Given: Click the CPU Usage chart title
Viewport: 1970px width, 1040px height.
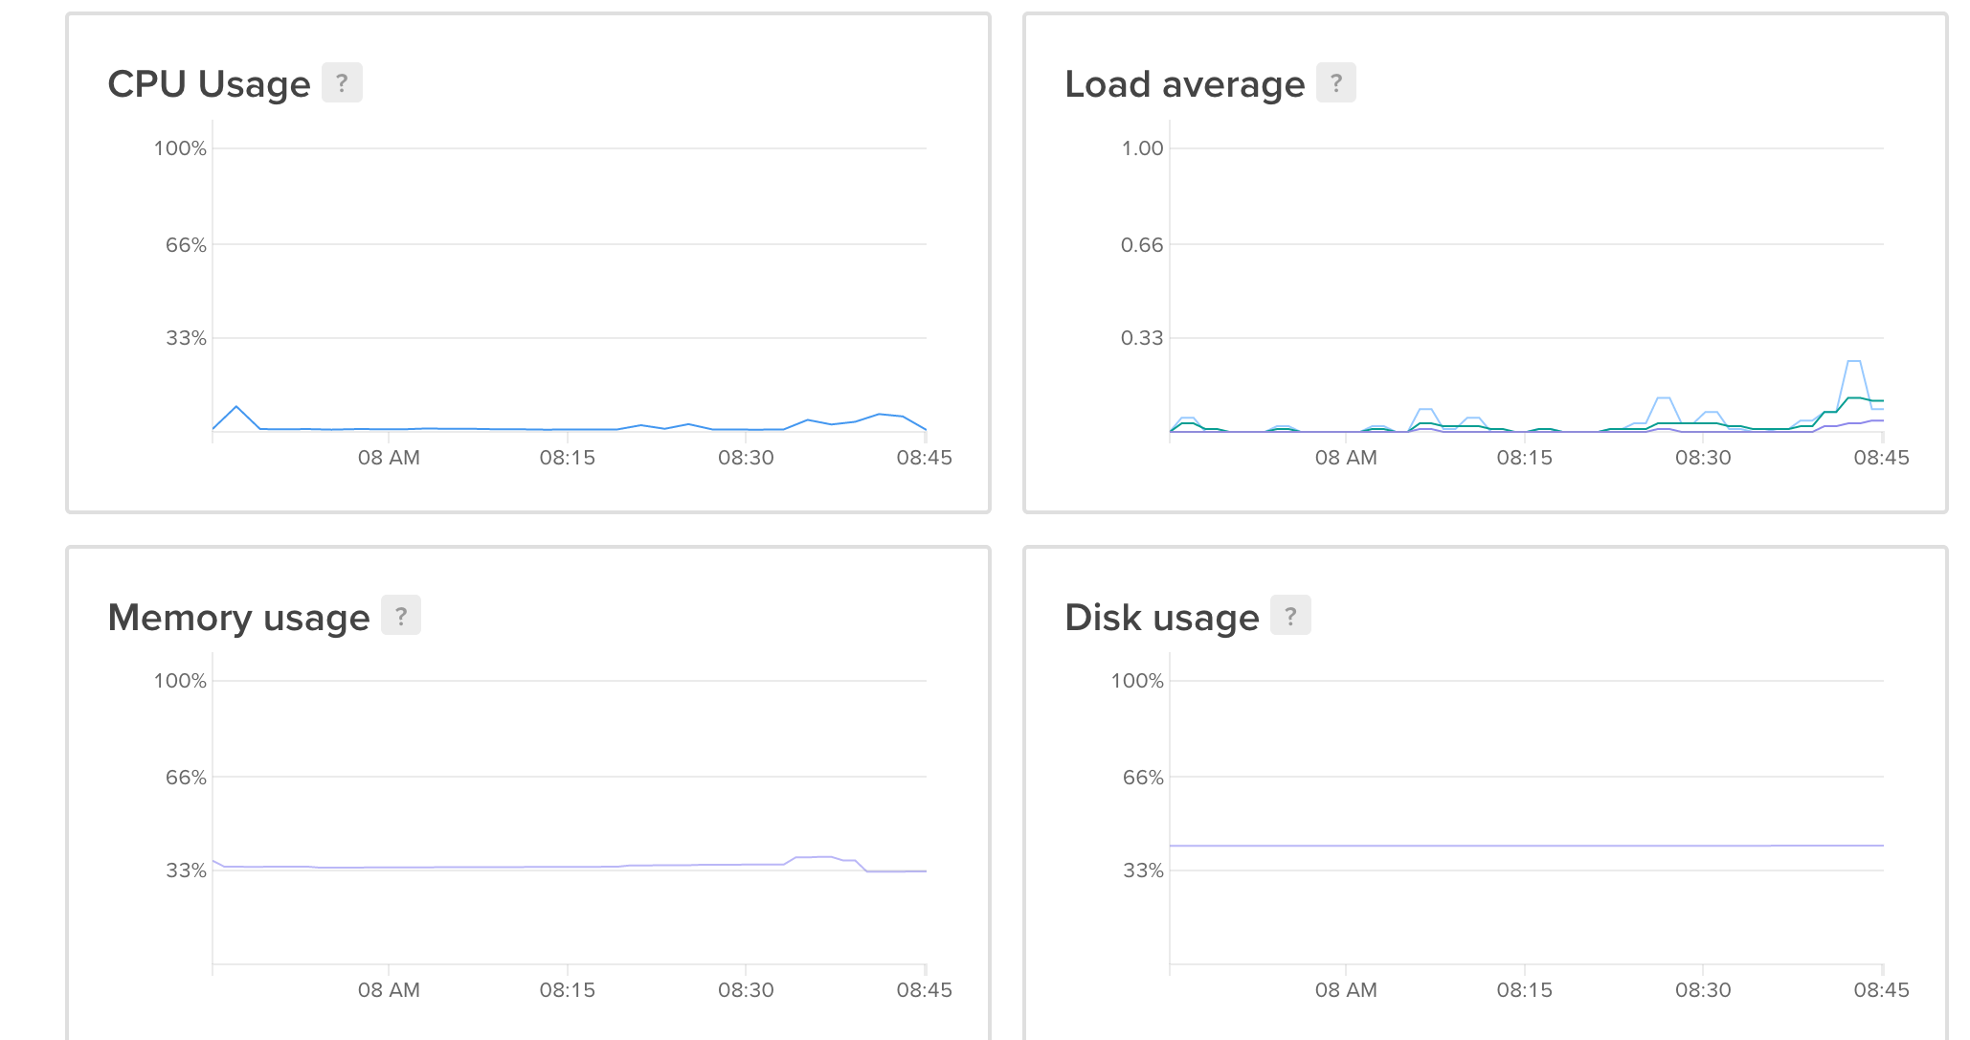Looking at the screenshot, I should click(209, 84).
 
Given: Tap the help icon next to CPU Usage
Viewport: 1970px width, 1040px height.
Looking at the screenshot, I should click(342, 83).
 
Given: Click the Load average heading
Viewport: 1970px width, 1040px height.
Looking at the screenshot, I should click(1184, 84).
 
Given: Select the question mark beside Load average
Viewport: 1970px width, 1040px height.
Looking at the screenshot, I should click(1336, 83).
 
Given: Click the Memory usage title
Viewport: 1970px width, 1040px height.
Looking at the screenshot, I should click(238, 618).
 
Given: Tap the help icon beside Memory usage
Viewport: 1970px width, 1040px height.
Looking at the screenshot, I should click(401, 616).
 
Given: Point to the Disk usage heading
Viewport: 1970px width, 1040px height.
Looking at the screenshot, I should click(1161, 618).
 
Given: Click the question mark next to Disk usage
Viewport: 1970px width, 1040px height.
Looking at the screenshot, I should click(1290, 616).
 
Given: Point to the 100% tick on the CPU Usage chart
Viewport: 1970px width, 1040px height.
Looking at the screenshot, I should click(180, 148).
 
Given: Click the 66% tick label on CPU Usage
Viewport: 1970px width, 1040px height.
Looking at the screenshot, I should click(186, 245).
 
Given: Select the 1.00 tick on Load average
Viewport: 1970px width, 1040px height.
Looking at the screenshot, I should click(1142, 148).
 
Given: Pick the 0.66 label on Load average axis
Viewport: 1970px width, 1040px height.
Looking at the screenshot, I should click(1142, 245).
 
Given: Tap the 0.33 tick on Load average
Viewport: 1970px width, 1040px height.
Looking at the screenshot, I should click(1142, 338).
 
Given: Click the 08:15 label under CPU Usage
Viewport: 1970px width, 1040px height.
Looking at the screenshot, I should click(567, 458).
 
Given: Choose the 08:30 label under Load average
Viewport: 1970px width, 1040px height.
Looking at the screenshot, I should click(1703, 458).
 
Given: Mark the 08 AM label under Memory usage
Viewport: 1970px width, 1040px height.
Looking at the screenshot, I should click(389, 990).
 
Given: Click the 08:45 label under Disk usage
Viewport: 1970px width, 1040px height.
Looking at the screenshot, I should click(1881, 990).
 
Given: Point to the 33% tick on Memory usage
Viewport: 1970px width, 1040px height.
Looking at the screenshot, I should click(186, 870).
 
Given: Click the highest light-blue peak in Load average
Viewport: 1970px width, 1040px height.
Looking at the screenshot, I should click(1854, 362).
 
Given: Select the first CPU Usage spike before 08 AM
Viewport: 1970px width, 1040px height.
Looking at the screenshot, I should click(236, 407).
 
